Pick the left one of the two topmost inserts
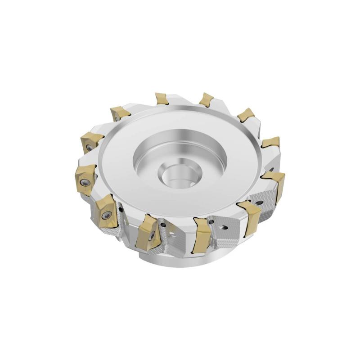[162, 99]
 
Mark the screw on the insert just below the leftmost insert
[107, 216]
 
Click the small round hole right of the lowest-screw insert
[165, 224]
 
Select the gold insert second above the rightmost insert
[246, 115]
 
